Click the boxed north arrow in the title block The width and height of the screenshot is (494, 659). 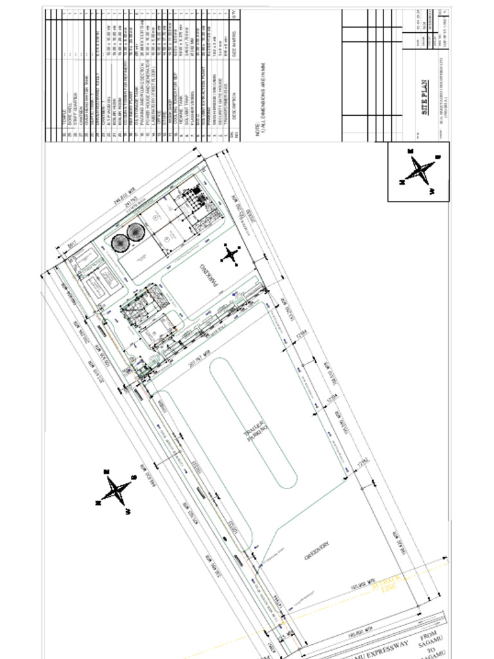coord(419,171)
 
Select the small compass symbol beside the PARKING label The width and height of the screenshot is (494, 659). coord(230,255)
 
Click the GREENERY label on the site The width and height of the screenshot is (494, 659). coord(316,552)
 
